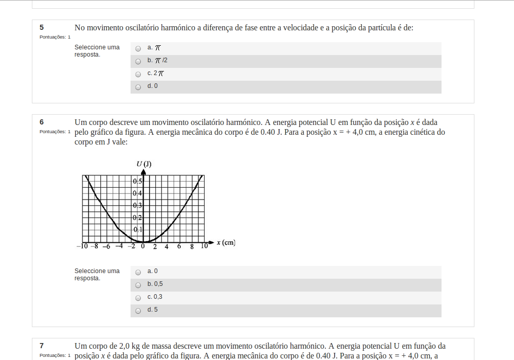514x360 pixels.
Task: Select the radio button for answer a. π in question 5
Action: (138, 48)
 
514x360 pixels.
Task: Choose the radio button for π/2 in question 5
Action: (138, 61)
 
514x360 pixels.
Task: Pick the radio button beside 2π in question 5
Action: (138, 74)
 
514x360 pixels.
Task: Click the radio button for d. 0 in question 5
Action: (138, 87)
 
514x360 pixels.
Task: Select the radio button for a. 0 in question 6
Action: (138, 272)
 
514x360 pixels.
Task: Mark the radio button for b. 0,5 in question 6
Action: (138, 285)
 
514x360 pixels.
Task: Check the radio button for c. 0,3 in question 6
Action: (138, 298)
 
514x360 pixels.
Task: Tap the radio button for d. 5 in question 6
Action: (138, 311)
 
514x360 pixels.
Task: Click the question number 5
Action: (42, 28)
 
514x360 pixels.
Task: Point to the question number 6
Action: (42, 122)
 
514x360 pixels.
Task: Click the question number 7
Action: (42, 346)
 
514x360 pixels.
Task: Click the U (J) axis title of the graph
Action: (144, 164)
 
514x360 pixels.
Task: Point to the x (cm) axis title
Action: (226, 243)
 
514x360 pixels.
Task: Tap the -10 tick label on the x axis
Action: (82, 246)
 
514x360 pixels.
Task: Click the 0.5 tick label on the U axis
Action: (137, 182)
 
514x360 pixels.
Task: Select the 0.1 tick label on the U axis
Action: (137, 229)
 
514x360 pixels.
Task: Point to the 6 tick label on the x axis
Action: (179, 247)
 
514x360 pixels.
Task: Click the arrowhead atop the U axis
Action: (143, 172)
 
